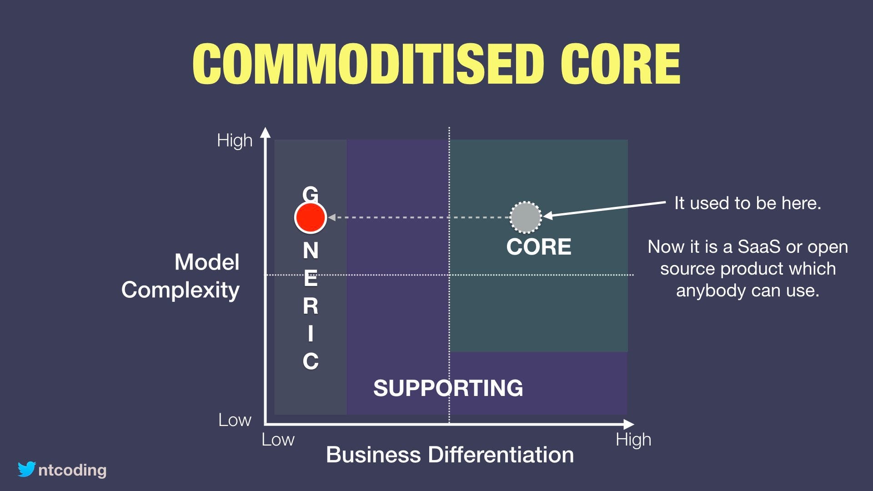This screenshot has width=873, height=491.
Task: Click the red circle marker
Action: (x=311, y=217)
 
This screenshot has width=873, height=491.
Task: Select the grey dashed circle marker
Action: (x=526, y=217)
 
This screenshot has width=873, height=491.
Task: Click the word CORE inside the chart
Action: (x=539, y=247)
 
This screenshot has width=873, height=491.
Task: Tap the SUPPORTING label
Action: (x=448, y=388)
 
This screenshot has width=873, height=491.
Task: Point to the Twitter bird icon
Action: (x=27, y=469)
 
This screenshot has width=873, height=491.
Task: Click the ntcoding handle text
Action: (x=72, y=470)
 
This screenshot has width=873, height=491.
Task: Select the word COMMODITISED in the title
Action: (x=368, y=64)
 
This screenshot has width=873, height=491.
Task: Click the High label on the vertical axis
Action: (x=235, y=140)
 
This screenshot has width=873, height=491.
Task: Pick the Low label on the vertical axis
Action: (x=235, y=420)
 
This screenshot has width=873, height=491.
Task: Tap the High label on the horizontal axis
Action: (x=633, y=440)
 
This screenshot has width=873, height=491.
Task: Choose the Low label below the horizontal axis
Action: (x=278, y=440)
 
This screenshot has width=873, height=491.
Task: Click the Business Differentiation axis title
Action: (x=450, y=455)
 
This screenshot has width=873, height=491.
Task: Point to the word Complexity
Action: (x=180, y=290)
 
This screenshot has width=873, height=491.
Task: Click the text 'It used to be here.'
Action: (x=748, y=203)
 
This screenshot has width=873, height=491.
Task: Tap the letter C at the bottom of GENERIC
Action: (x=311, y=361)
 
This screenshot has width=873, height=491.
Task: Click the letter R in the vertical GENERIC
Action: (x=311, y=306)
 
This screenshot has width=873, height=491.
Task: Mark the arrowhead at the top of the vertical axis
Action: (x=265, y=132)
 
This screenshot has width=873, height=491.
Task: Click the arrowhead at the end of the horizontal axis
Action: (x=629, y=424)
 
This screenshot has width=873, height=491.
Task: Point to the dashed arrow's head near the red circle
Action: (x=332, y=217)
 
